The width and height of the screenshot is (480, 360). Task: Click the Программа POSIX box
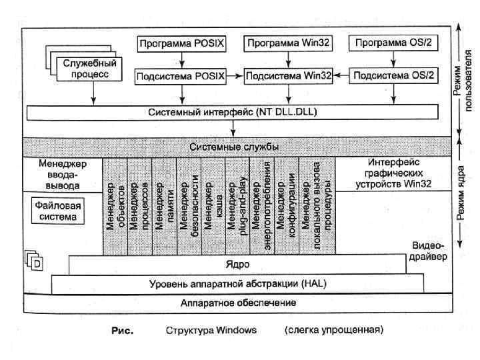tap(182, 44)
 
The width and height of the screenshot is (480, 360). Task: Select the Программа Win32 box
tap(287, 44)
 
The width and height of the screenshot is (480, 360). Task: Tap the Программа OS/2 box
tap(394, 44)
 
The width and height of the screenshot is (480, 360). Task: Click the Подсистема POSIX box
tap(182, 76)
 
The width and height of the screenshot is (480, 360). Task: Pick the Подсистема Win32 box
tap(289, 76)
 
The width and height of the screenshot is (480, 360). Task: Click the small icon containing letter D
tap(37, 263)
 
